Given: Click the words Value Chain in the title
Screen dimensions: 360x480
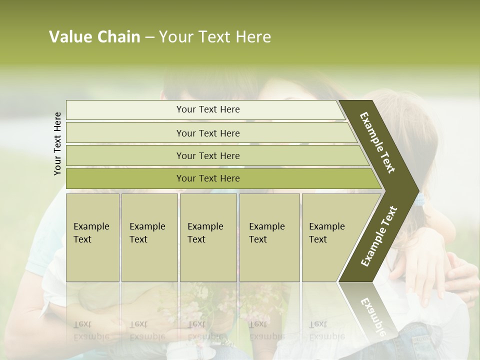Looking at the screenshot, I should (x=94, y=37).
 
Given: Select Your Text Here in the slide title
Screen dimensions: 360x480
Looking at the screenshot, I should (x=215, y=37).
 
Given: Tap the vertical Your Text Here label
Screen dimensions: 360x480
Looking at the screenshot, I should (x=57, y=143).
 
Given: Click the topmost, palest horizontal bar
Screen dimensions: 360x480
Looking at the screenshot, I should (x=205, y=109).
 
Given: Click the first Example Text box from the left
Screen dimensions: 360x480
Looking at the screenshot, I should (x=92, y=237).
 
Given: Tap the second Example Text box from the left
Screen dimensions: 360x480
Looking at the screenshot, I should (x=149, y=237).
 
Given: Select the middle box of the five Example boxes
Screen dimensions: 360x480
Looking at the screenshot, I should (x=208, y=237).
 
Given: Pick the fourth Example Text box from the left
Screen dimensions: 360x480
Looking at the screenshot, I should (x=269, y=237).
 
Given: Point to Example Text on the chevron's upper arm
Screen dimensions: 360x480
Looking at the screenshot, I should (x=377, y=142).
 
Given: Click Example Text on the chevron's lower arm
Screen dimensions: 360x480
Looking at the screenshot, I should (x=378, y=236).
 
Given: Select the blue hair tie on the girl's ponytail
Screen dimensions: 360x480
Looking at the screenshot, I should (x=420, y=199).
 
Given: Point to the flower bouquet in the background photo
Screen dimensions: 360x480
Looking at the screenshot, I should (x=200, y=302).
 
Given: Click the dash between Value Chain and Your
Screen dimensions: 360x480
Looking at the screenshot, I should (x=149, y=37).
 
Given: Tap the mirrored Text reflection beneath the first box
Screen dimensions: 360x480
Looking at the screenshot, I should (x=83, y=324).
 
